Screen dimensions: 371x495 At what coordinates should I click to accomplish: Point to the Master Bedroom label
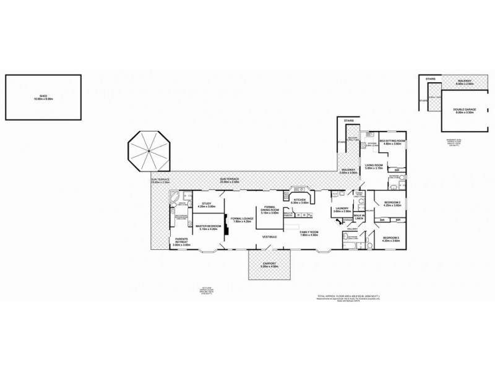point(209,228)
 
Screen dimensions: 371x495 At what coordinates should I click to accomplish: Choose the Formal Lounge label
point(241,220)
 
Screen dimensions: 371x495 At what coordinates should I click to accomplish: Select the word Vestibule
point(269,237)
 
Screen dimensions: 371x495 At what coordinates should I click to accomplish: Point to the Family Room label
point(309,234)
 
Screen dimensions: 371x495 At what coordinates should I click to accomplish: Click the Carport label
point(269,265)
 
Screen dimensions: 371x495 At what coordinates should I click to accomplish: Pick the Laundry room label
point(342,210)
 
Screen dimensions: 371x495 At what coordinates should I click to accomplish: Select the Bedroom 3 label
point(390,239)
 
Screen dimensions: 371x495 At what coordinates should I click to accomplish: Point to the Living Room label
point(373,166)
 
